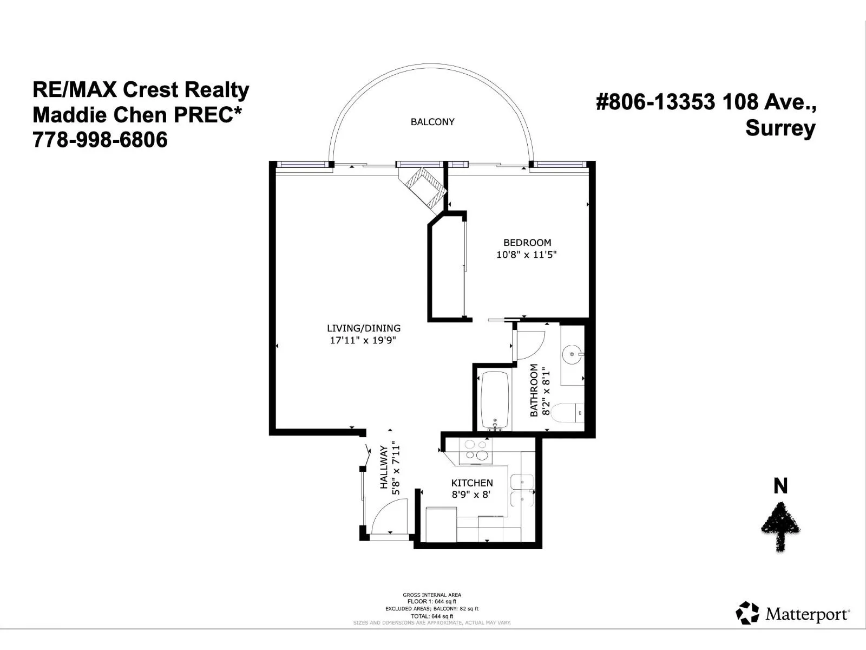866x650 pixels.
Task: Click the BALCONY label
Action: click(x=432, y=122)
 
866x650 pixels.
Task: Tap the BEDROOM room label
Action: click(x=527, y=242)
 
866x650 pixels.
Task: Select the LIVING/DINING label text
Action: click(x=363, y=328)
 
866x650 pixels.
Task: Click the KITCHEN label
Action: click(x=472, y=483)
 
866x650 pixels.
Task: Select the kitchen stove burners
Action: click(x=476, y=450)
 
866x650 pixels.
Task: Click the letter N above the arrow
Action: click(x=780, y=486)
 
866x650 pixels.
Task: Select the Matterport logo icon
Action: click(x=747, y=613)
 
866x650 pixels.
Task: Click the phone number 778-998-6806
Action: click(x=100, y=140)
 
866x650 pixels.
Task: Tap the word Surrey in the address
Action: click(x=780, y=129)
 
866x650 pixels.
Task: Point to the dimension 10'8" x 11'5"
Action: click(x=526, y=255)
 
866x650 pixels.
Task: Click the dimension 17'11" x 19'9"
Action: click(x=363, y=340)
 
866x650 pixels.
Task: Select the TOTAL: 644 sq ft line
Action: click(x=431, y=616)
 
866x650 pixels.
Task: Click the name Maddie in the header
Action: click(x=69, y=115)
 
